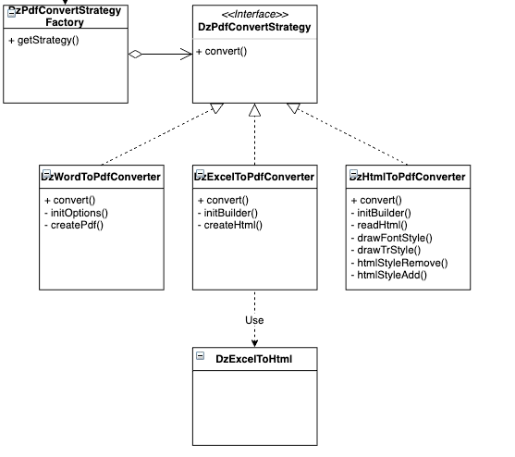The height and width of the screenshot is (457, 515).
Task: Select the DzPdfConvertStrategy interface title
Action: (x=254, y=28)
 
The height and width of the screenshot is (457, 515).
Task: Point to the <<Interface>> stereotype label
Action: (x=254, y=14)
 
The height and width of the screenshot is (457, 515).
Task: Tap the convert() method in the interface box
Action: (x=222, y=51)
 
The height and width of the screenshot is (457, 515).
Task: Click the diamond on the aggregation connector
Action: (x=136, y=56)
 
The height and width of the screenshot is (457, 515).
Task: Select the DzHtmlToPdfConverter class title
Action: (x=408, y=176)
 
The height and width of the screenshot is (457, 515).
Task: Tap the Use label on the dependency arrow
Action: (x=254, y=320)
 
